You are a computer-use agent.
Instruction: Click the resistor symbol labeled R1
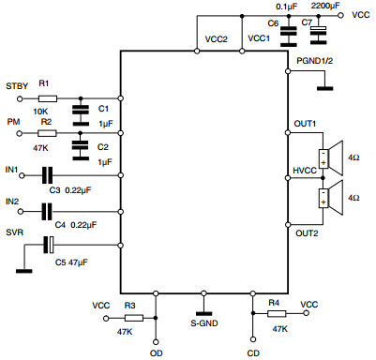(48, 98)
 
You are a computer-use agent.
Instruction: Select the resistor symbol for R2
(48, 133)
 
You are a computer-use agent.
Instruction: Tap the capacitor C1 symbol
(84, 110)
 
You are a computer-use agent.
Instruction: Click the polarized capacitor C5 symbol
(48, 246)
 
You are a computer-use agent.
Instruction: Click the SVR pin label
(15, 231)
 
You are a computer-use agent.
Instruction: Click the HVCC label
(306, 172)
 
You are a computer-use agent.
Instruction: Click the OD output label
(156, 352)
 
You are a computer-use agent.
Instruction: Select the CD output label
(253, 352)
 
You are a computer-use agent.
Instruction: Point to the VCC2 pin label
(218, 40)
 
